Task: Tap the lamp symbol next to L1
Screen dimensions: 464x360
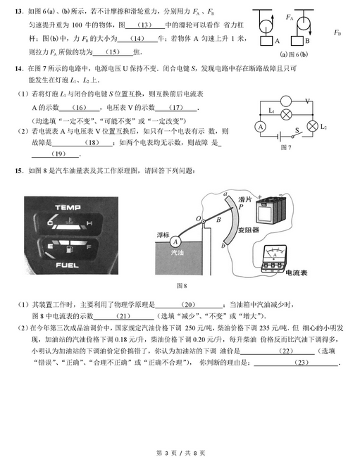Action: click(x=287, y=113)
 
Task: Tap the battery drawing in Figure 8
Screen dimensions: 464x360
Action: click(x=271, y=210)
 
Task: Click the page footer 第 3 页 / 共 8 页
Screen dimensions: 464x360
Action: click(x=180, y=451)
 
